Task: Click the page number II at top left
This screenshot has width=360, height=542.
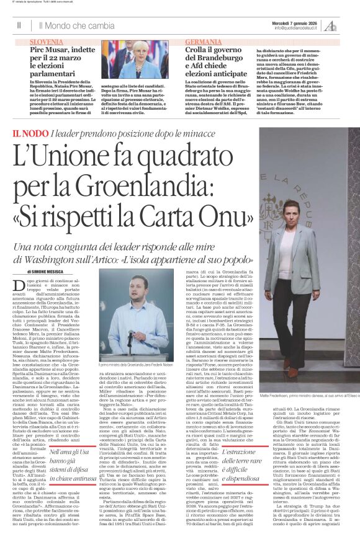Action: coord(19,25)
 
